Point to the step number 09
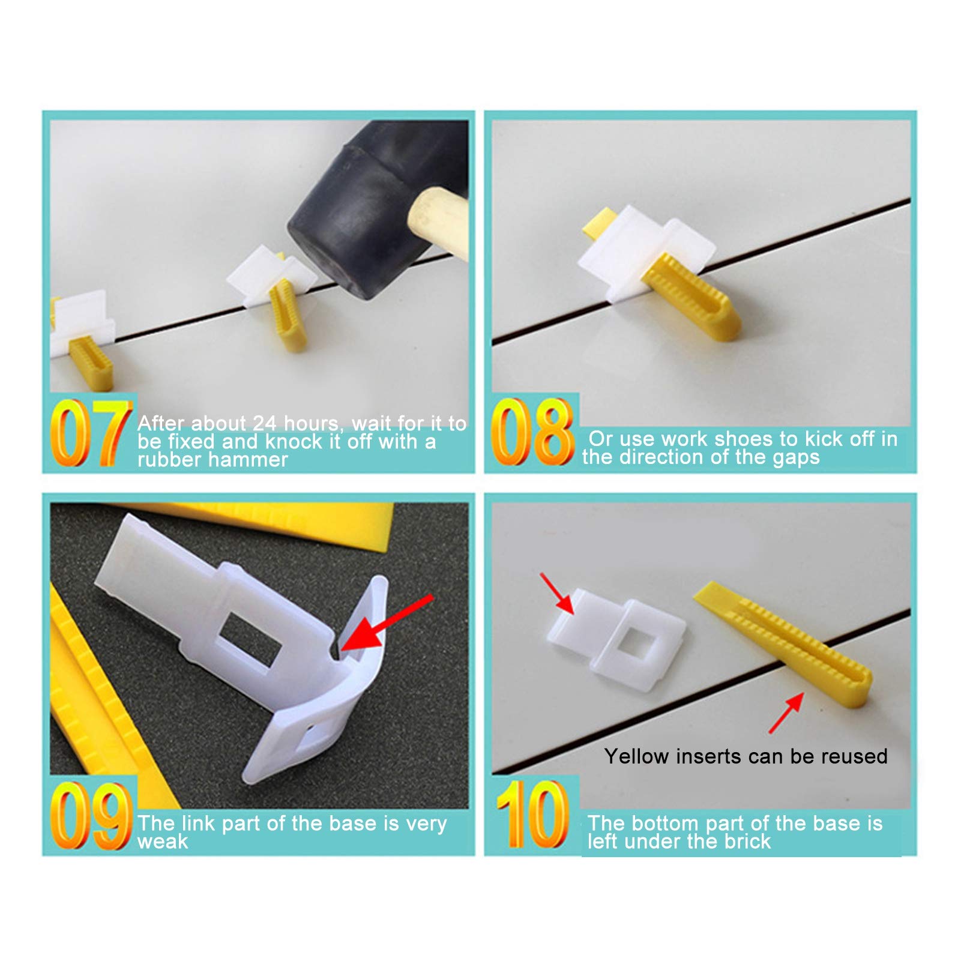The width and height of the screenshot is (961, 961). pyautogui.click(x=90, y=816)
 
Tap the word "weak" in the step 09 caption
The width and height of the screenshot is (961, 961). pyautogui.click(x=162, y=842)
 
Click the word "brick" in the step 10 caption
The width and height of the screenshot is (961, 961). pyautogui.click(x=747, y=842)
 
